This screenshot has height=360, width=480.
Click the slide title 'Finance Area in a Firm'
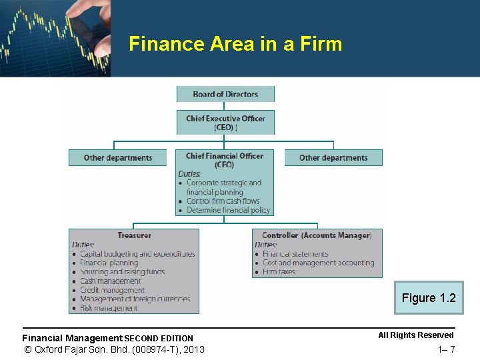[x=235, y=44]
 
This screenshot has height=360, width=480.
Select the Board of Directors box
[x=225, y=94]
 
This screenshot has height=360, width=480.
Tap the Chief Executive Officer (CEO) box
[x=225, y=123]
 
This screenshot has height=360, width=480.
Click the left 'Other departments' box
[x=117, y=158]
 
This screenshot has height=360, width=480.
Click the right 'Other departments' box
[x=333, y=158]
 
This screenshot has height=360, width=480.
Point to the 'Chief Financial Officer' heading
[x=225, y=156]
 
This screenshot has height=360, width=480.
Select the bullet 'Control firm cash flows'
[x=223, y=201]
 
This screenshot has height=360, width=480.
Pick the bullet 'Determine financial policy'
[x=228, y=210]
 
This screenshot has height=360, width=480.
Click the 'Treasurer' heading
[x=134, y=235]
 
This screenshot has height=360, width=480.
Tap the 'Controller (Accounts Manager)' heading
[x=317, y=235]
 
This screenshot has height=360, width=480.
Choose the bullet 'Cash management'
[x=110, y=281]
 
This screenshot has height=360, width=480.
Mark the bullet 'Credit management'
[x=112, y=290]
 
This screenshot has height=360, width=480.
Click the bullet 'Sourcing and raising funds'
[x=122, y=272]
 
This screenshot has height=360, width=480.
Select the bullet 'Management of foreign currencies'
[x=135, y=299]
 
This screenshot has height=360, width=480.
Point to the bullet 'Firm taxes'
[x=279, y=272]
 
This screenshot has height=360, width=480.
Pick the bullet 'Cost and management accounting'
[x=318, y=263]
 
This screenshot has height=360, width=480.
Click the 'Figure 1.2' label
[x=429, y=298]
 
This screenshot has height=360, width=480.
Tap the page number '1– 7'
[x=446, y=350]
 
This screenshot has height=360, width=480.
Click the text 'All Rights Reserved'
[x=415, y=335]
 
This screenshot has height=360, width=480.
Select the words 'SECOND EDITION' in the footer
[x=159, y=339]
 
